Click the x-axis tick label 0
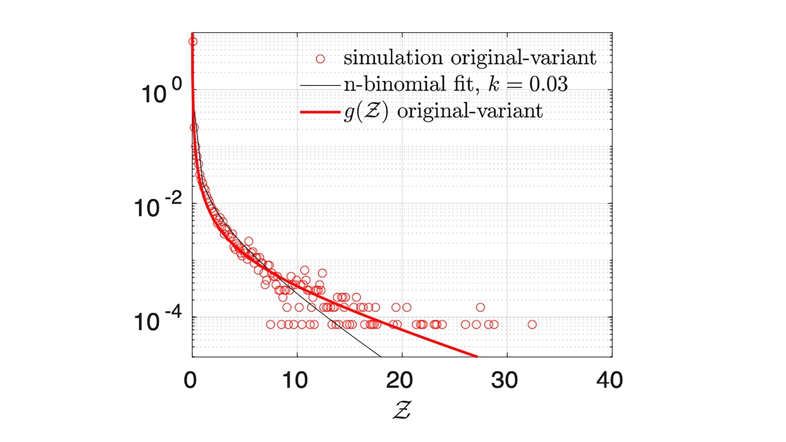coord(190,381)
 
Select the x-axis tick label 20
coord(399,381)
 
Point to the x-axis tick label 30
coord(504,381)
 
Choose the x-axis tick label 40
coord(609,381)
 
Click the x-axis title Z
coord(402,410)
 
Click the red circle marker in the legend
coord(320,59)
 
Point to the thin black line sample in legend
coord(320,85)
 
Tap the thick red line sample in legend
coord(320,112)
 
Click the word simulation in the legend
coord(393,58)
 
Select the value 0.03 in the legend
coord(548,84)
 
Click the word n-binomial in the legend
coord(395,84)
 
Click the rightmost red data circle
coord(532,324)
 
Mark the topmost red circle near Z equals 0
coord(193,42)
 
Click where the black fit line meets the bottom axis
coord(380,357)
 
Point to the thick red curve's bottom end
coord(477,357)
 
